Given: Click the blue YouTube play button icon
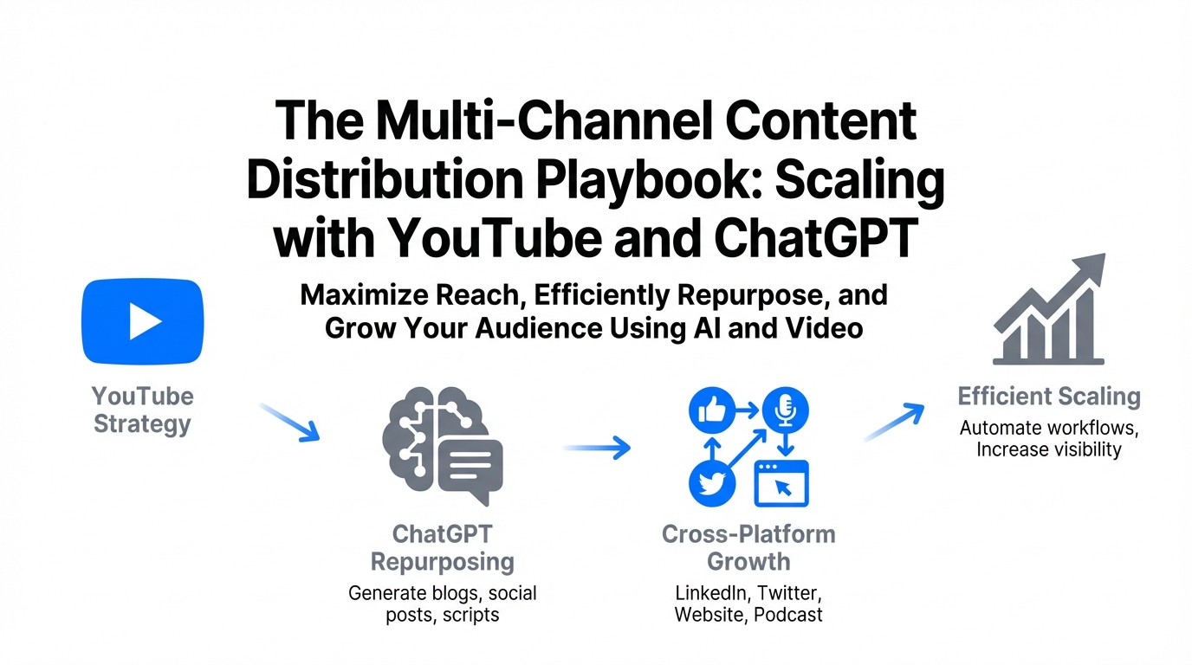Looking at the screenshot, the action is (143, 321).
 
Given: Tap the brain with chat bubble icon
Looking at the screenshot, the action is (443, 446).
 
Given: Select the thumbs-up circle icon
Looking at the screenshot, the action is (712, 410).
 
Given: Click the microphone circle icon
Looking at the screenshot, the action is (786, 410).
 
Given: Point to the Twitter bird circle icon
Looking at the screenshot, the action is (712, 483).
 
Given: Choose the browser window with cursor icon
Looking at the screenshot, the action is (781, 483).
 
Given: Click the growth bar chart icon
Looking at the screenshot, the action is (1049, 310).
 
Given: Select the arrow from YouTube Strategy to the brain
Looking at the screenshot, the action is (290, 423).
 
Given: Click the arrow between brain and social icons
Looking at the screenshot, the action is (597, 448).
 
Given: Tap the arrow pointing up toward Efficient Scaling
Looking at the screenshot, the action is (895, 422).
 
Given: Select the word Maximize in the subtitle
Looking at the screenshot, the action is (365, 295).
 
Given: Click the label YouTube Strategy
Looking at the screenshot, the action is (143, 410).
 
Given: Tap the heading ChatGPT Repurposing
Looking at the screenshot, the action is (442, 548).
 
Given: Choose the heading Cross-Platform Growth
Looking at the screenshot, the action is (748, 548).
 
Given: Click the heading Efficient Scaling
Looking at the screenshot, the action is (1049, 397).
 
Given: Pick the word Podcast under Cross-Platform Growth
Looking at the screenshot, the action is (788, 615).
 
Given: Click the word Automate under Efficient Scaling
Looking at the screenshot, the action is (999, 428).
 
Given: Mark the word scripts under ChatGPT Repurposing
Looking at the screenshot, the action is (471, 616).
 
